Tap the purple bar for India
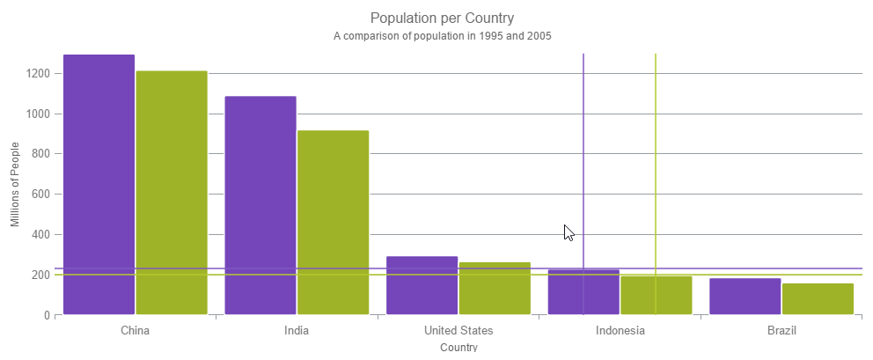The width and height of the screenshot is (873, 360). (x=260, y=204)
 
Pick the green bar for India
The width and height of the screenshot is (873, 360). (x=333, y=222)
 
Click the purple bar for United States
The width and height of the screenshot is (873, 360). (x=422, y=285)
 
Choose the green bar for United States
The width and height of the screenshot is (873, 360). (x=495, y=288)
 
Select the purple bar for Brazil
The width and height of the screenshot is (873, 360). (x=745, y=297)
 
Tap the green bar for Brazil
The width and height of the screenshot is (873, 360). (x=818, y=298)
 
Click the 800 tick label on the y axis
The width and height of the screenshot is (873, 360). (x=39, y=154)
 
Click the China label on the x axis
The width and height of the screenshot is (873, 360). (x=135, y=331)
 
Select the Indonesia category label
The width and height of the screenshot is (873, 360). (x=620, y=331)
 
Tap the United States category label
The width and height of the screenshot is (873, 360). (x=459, y=331)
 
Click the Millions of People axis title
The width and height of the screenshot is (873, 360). (x=16, y=185)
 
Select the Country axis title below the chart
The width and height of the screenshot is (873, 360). (x=459, y=348)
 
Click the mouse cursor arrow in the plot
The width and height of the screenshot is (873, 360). (x=569, y=232)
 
